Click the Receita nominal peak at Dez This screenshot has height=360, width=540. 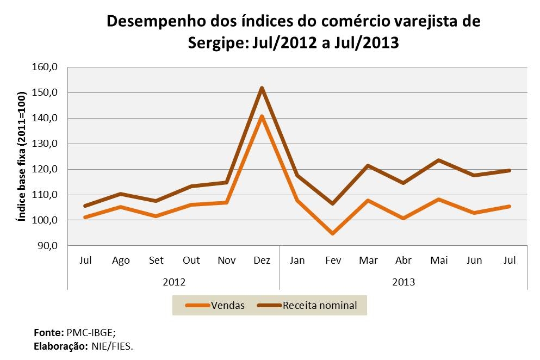(262, 88)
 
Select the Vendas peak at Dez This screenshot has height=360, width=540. (262, 116)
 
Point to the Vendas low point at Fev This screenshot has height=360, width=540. (333, 233)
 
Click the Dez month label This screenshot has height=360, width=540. (262, 260)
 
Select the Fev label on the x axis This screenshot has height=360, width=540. (333, 260)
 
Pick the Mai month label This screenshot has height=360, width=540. (439, 260)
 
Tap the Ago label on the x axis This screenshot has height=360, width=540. (121, 260)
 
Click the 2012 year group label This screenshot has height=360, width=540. (174, 282)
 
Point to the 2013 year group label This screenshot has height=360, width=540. (404, 282)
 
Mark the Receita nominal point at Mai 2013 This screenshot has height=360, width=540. (439, 160)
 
